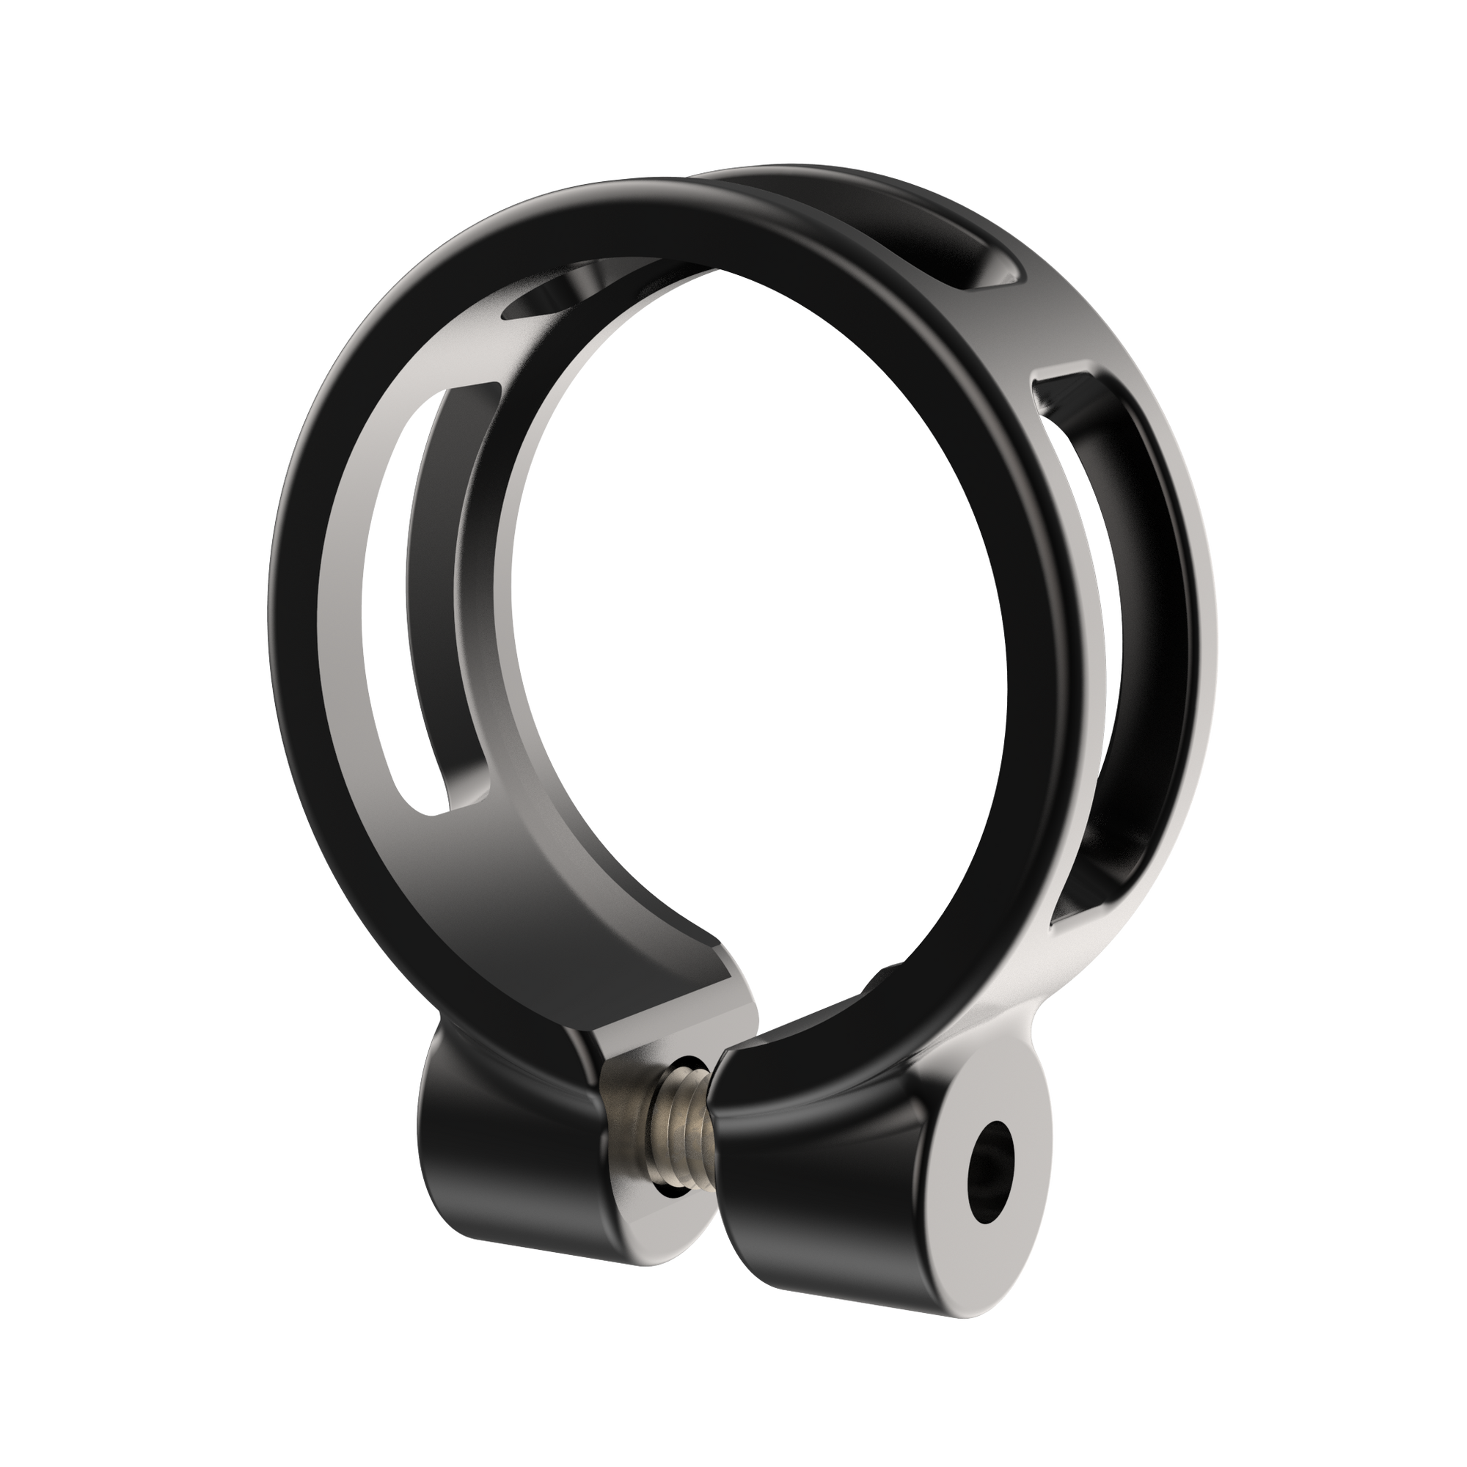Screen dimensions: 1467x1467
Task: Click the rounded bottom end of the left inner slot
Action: pos(429,813)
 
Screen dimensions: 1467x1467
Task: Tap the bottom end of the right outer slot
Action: pos(1078,911)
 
